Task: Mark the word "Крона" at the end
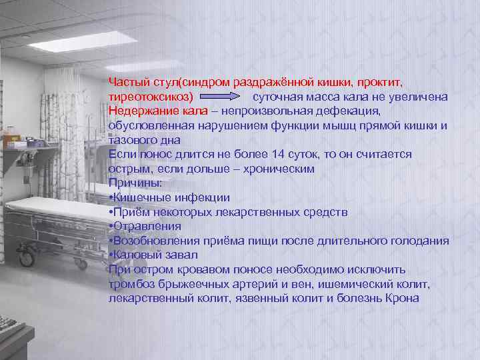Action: point(402,298)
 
